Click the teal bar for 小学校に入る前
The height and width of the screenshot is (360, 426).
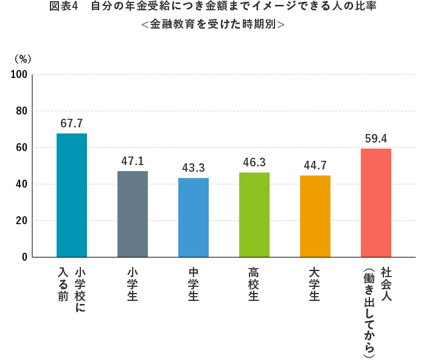click(x=72, y=195)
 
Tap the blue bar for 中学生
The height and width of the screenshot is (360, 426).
click(x=194, y=217)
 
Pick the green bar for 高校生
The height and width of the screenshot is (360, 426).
click(x=254, y=214)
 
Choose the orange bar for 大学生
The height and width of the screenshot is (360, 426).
click(x=315, y=216)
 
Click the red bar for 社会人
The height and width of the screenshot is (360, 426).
click(x=376, y=203)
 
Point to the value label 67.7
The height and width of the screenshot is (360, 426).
click(x=72, y=123)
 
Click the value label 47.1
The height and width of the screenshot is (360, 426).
click(x=133, y=161)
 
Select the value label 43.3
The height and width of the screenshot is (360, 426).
click(x=194, y=168)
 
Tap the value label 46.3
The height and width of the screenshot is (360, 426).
click(x=254, y=162)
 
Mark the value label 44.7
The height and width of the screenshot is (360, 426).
click(x=315, y=165)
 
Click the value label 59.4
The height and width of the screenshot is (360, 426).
click(x=376, y=138)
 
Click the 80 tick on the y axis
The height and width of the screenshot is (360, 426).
click(x=21, y=111)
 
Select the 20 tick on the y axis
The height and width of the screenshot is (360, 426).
click(x=21, y=221)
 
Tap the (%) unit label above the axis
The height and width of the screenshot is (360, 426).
click(x=23, y=59)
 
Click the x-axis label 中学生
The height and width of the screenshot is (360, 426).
click(x=194, y=284)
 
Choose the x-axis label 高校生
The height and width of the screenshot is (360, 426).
click(x=254, y=284)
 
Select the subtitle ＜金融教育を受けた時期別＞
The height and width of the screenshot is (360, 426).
click(x=212, y=26)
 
